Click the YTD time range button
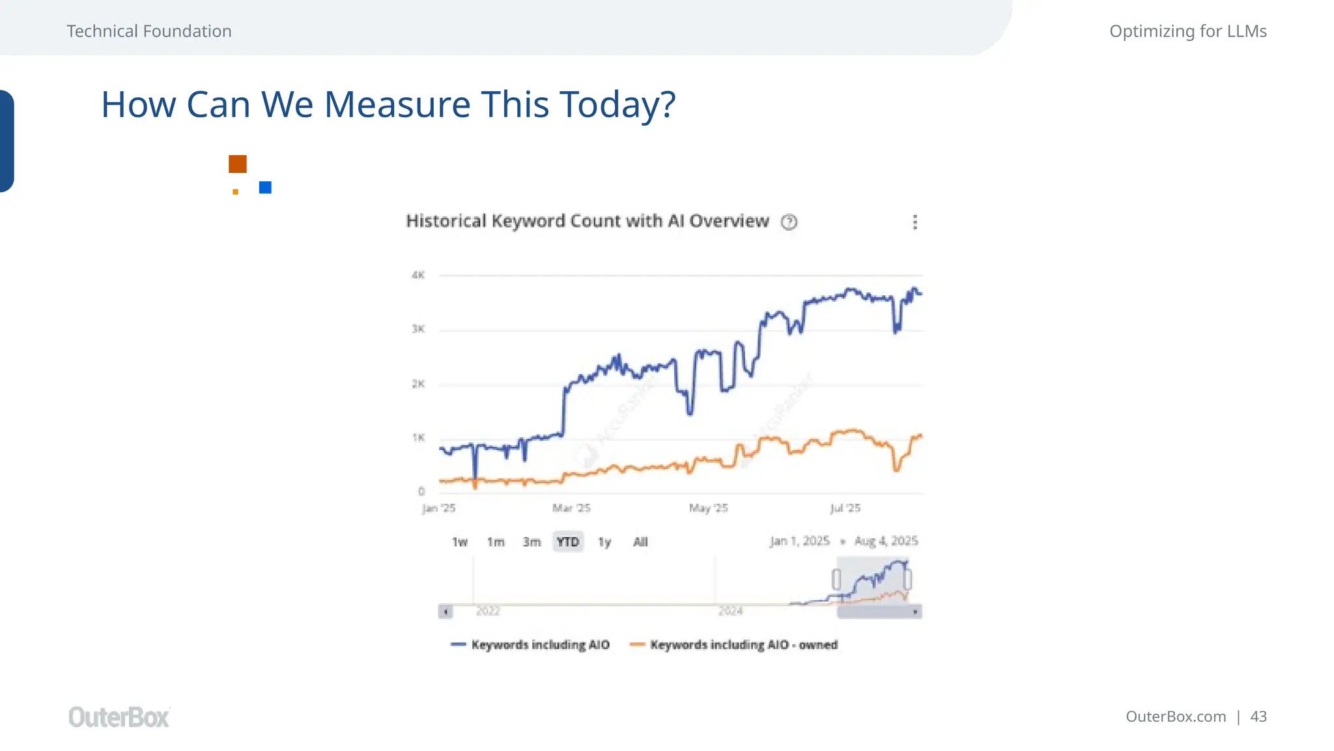coord(567,542)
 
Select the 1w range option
coord(460,542)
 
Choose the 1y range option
coord(604,542)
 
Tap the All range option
coord(640,542)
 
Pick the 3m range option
coord(532,542)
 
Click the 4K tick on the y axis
coord(418,275)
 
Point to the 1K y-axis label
coord(418,437)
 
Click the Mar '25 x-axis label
coord(571,508)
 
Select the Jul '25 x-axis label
coord(845,508)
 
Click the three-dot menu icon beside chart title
coord(915,222)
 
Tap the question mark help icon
coord(789,222)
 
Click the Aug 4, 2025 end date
coord(886,541)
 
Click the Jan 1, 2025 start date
coord(800,541)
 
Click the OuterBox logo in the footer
coord(119,717)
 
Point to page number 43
coord(1258,716)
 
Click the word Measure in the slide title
coord(397,104)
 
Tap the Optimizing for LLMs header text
coord(1187,31)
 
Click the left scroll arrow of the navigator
coord(446,611)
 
